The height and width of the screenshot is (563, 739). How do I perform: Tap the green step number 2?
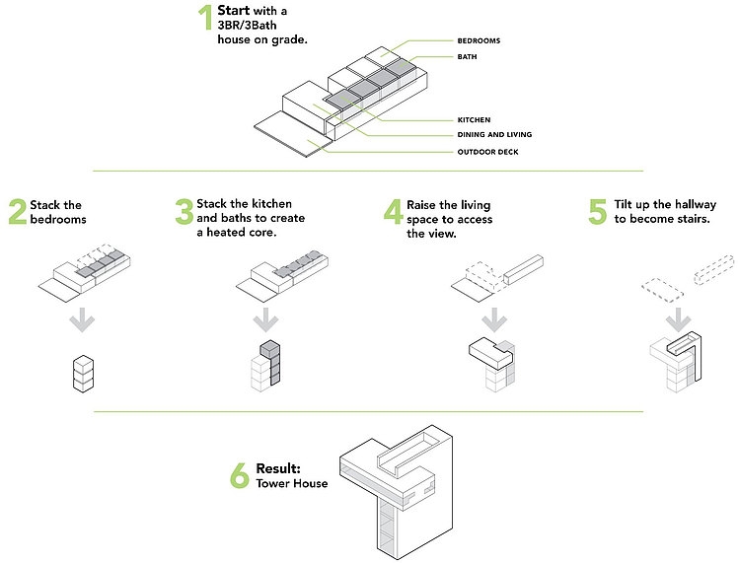(17, 212)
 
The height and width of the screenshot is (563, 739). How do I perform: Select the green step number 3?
(184, 212)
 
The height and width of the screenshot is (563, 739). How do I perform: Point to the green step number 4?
(393, 212)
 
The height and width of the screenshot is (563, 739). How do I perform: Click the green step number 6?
(239, 476)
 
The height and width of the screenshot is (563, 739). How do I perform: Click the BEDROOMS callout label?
(480, 41)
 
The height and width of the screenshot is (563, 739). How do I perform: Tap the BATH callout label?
(467, 57)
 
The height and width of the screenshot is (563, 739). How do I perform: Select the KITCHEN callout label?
(474, 119)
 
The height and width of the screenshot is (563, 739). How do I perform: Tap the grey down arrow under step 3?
(264, 320)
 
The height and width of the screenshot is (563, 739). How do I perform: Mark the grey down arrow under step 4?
(491, 320)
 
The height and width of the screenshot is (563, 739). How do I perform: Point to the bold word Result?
(278, 469)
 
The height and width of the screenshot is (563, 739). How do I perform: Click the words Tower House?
(292, 483)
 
